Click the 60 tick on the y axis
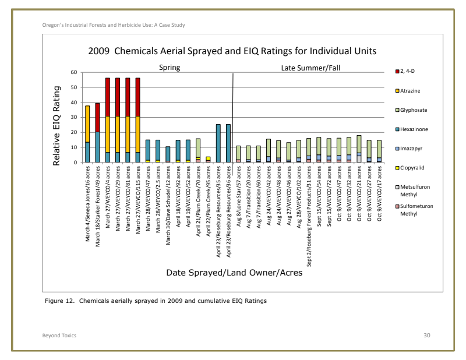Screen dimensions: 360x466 click(x=73, y=73)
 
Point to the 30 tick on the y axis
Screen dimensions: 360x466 click(x=73, y=118)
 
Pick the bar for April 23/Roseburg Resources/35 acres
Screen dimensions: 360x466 click(x=218, y=143)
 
